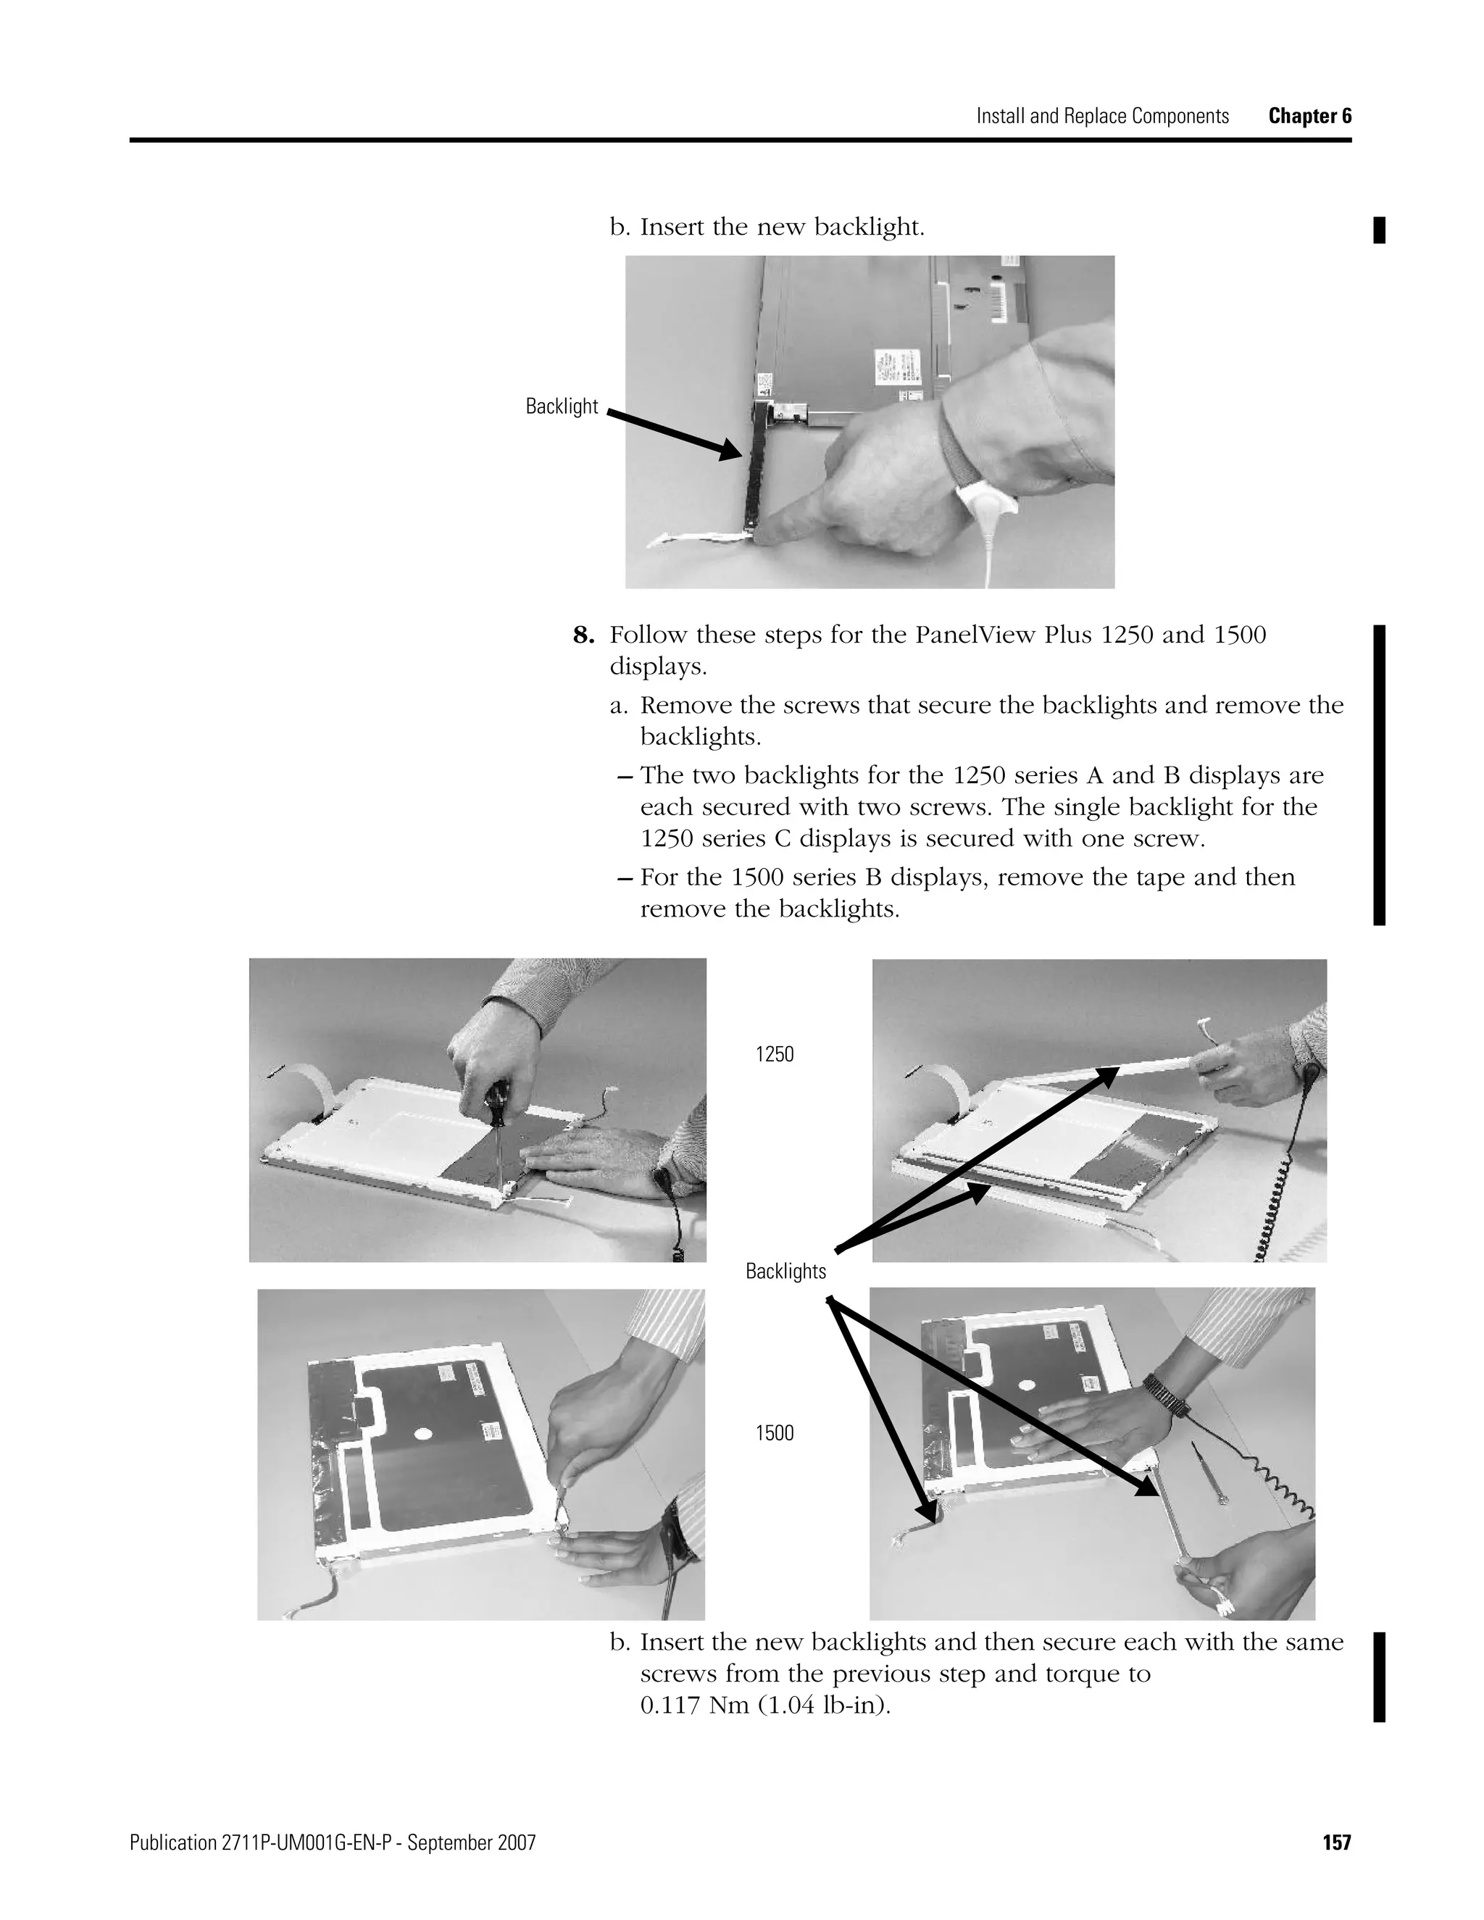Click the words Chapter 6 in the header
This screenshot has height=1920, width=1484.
tap(1309, 116)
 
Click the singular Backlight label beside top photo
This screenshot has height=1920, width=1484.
tap(561, 406)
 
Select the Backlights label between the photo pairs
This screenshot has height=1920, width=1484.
tap(785, 1272)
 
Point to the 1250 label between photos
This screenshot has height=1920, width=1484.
tap(774, 1054)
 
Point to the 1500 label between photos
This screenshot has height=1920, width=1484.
tap(774, 1433)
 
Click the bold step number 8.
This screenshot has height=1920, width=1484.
tap(584, 635)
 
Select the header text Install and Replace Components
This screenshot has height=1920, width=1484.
tap(1101, 116)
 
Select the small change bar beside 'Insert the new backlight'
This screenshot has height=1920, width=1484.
tap(1378, 230)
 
